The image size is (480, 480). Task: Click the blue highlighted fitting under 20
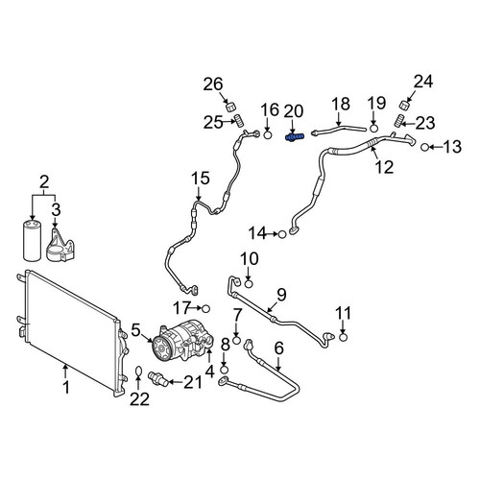coord(295,137)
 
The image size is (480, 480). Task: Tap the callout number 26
coord(213,84)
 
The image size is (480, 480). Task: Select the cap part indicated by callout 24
coord(405,105)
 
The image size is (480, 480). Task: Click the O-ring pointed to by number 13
coord(424,148)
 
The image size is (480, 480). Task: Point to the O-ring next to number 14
coord(282,234)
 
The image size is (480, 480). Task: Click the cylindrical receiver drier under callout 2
coord(33,240)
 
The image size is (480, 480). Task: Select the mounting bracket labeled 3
coord(61,245)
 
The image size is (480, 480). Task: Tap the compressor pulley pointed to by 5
coord(161,347)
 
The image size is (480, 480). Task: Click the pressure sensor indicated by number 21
coord(157,378)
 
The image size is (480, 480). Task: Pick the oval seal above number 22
coord(138,372)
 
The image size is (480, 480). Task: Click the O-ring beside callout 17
coord(205,309)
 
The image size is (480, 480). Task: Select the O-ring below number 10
coord(249,284)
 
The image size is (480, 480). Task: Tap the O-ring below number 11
coord(343,337)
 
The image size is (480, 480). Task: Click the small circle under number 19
coord(373,129)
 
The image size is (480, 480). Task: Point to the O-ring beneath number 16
coord(268,135)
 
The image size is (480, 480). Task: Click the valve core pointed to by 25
coord(240,121)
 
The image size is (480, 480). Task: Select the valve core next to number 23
coord(397,122)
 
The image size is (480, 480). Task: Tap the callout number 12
coord(385,167)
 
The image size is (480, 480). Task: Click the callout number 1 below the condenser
coord(66,388)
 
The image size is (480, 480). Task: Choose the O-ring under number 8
coord(225,371)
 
